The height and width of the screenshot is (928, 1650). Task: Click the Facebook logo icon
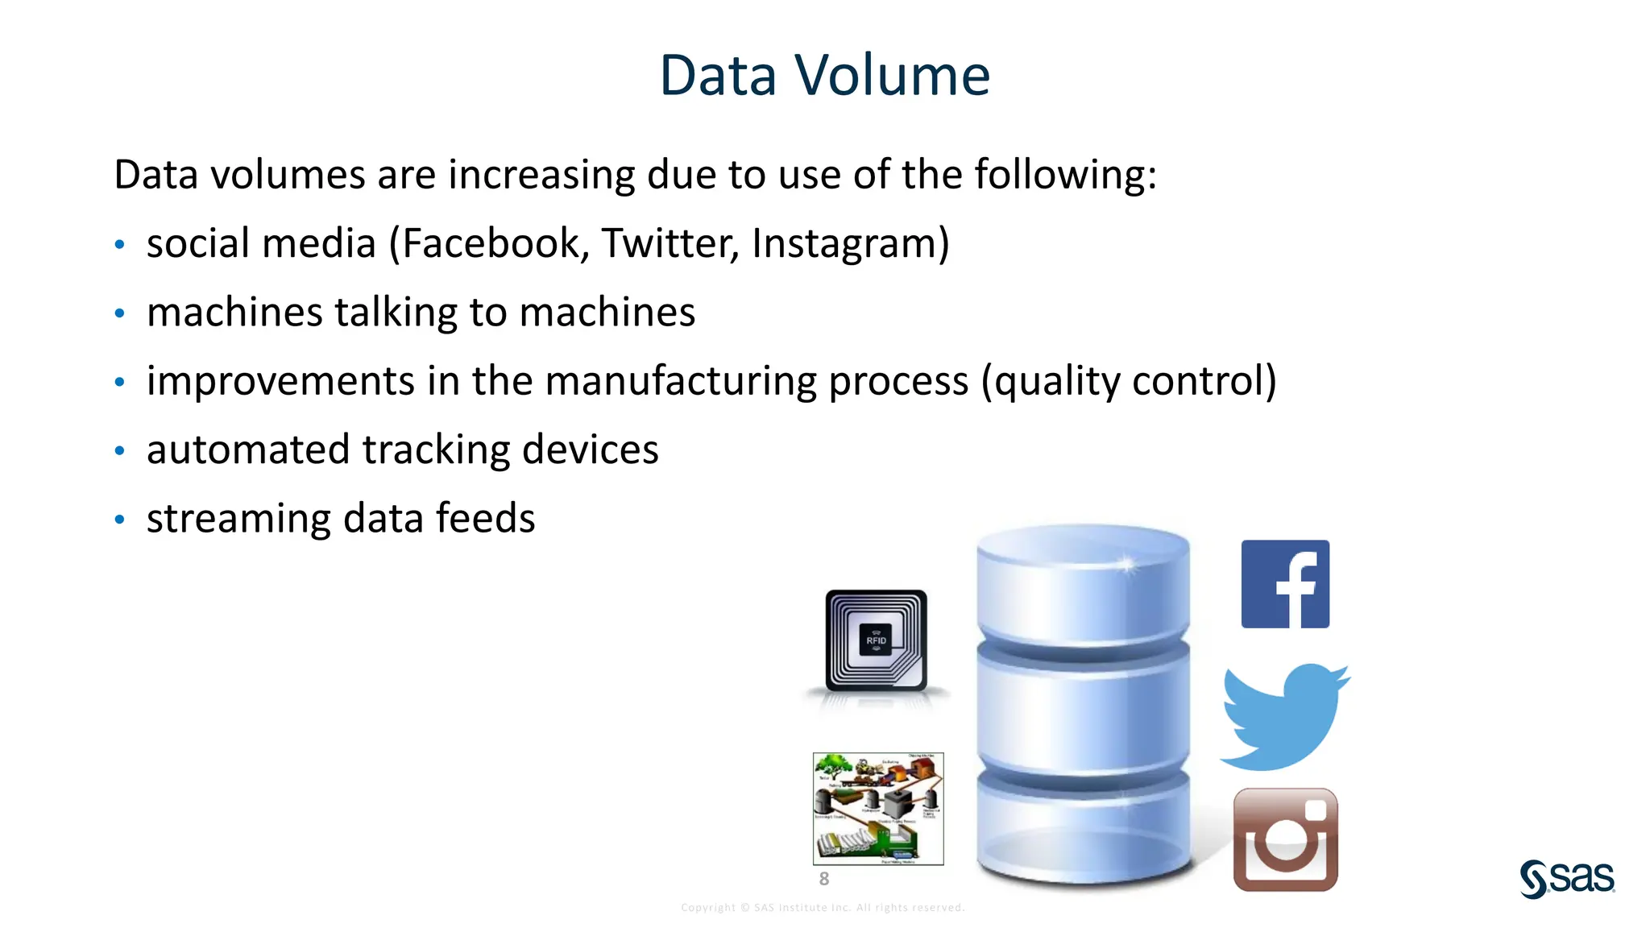pos(1285,584)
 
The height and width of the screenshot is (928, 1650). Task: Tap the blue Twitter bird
pos(1284,716)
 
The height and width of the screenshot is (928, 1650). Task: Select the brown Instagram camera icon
pos(1285,839)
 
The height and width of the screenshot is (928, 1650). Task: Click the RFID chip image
pos(877,640)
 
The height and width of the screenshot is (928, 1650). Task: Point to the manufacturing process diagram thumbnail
pos(878,808)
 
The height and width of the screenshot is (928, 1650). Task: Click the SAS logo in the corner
pos(1567,878)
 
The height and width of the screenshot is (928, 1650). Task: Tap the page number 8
pos(823,879)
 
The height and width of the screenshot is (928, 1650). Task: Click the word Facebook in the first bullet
pos(491,243)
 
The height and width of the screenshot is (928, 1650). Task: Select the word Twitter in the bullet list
pos(669,243)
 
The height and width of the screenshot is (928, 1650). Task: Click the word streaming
pos(238,518)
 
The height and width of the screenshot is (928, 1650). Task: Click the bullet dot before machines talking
pos(119,313)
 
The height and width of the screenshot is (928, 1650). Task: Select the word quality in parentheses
pos(1057,381)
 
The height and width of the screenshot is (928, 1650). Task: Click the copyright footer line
pos(823,908)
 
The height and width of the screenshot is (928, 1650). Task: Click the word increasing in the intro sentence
pos(541,175)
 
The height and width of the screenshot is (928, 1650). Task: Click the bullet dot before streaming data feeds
pos(119,520)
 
